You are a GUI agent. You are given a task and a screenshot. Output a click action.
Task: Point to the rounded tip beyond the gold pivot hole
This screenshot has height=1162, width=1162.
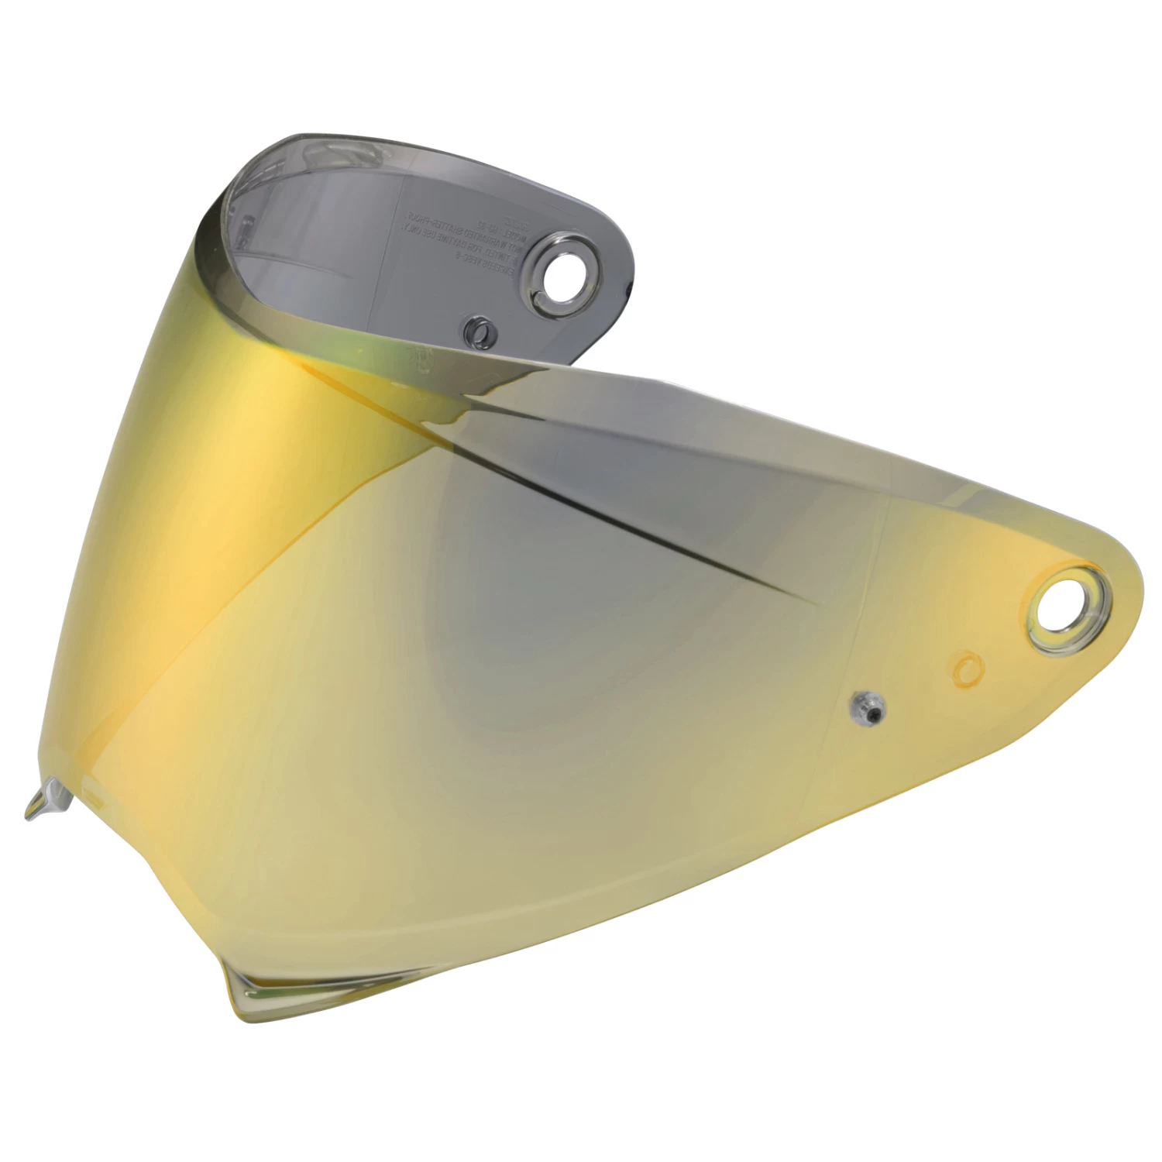point(1127,589)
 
